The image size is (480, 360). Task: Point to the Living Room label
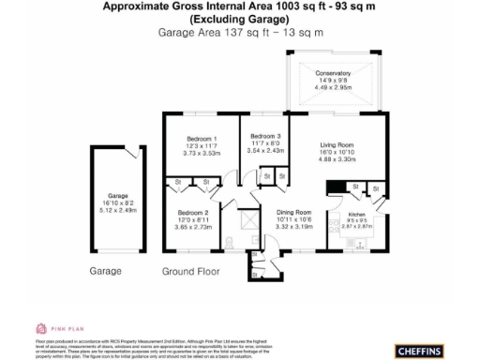[336, 145]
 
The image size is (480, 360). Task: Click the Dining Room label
[299, 213]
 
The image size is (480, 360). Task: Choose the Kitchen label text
[337, 215]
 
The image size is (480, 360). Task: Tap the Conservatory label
[333, 72]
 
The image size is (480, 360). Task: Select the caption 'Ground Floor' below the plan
[190, 272]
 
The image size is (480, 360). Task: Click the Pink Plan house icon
[42, 329]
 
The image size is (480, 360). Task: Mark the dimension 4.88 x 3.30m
[336, 159]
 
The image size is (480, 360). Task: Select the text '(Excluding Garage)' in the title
[240, 19]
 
